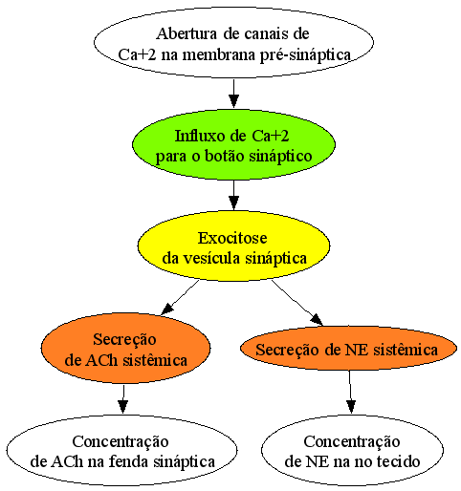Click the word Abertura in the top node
[187, 33]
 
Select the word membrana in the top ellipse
[219, 54]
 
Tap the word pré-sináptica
[305, 55]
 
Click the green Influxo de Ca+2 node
[233, 144]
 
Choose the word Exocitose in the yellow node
[232, 238]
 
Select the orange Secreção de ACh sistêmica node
[125, 349]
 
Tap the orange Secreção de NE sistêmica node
[348, 349]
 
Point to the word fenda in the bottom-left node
[129, 461]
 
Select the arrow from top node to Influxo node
[233, 93]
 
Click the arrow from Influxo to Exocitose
[233, 195]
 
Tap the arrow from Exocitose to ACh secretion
[180, 297]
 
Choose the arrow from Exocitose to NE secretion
[297, 303]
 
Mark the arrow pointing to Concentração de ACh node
[123, 399]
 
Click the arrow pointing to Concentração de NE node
[350, 392]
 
